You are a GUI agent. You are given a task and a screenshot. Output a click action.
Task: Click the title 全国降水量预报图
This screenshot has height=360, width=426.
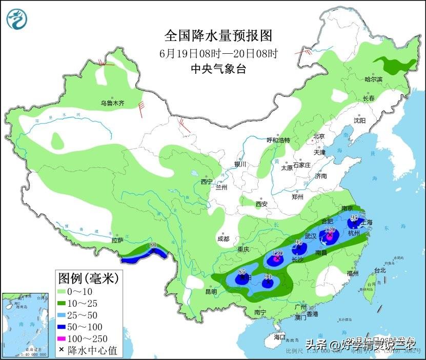(217, 36)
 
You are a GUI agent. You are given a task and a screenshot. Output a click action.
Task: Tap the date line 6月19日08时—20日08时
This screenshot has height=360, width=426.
(217, 53)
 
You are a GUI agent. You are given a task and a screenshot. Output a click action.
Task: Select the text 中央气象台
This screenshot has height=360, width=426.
(217, 69)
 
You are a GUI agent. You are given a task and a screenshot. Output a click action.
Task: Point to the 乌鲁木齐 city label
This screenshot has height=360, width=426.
(112, 103)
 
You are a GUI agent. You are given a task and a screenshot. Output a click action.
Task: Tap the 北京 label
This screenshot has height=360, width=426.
(319, 136)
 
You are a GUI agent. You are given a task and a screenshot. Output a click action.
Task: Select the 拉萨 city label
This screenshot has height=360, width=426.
(117, 240)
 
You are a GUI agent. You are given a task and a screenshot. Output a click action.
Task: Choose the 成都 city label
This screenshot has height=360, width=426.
(223, 238)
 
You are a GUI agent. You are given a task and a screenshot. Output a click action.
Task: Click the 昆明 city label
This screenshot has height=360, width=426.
(211, 291)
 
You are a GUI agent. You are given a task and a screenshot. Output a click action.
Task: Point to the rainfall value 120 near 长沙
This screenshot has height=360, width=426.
(277, 253)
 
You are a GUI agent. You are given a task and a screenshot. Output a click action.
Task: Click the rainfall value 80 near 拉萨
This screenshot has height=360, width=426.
(152, 246)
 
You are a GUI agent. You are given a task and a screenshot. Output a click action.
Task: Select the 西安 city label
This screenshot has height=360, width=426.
(261, 204)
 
